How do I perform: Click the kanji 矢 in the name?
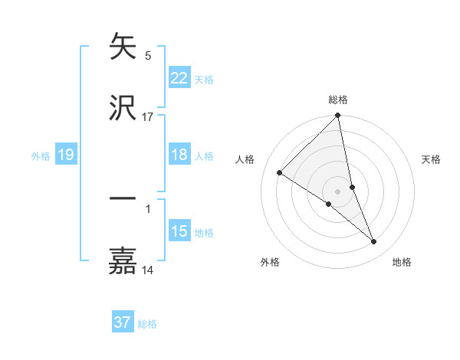tap(123, 47)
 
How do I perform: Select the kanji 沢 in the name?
tap(123, 108)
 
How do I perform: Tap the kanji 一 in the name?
tap(123, 199)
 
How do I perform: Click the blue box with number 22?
tap(179, 77)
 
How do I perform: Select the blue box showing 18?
tap(179, 155)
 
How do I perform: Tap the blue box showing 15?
tap(179, 231)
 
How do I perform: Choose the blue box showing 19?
tap(65, 155)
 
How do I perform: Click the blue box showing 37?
tap(123, 322)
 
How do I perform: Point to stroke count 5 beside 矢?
tap(148, 55)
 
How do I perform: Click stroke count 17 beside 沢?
tap(148, 116)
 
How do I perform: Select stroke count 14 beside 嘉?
tap(148, 270)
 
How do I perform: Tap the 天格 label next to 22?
tap(204, 79)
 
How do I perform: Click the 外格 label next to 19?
tap(41, 156)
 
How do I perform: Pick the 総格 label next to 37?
tap(147, 324)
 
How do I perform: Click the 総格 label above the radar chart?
tap(338, 100)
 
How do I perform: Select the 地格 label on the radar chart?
tap(402, 262)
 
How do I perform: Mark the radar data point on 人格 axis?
tap(280, 173)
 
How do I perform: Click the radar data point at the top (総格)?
tap(338, 116)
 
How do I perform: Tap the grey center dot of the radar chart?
tap(338, 191)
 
